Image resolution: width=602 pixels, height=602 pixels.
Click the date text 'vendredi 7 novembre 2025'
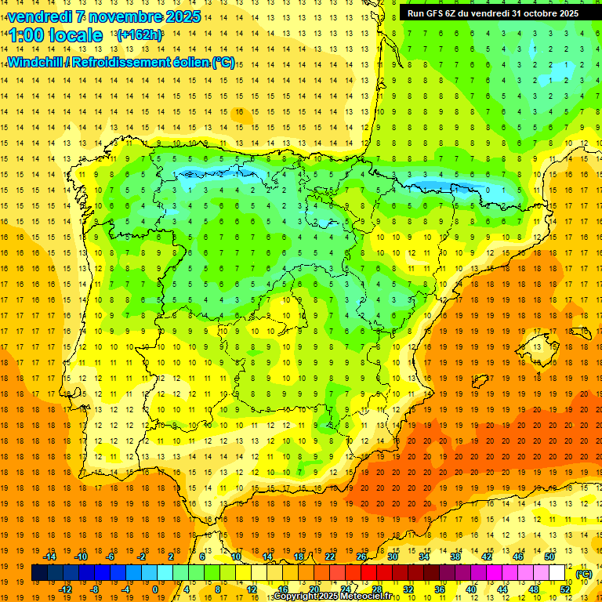pyautogui.click(x=103, y=16)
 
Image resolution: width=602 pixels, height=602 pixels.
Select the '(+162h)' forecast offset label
pyautogui.click(x=140, y=34)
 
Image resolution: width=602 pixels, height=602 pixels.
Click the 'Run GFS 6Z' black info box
pyautogui.click(x=493, y=13)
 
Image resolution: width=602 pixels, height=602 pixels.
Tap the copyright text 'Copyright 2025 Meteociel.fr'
pyautogui.click(x=332, y=597)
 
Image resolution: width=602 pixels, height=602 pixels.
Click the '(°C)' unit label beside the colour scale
pyautogui.click(x=584, y=574)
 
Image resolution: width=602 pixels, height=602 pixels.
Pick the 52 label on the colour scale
pyautogui.click(x=565, y=589)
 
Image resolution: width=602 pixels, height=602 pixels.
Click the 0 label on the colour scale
pyautogui.click(x=155, y=589)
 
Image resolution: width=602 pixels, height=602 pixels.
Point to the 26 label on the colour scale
pyautogui.click(x=361, y=557)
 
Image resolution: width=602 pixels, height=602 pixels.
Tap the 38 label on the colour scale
pyautogui.click(x=455, y=557)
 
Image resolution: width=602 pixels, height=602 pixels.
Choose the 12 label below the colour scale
pyautogui.click(x=251, y=589)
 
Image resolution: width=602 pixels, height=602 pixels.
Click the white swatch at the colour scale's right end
pyautogui.click(x=557, y=573)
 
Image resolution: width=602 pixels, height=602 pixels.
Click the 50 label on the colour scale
pyautogui.click(x=549, y=557)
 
